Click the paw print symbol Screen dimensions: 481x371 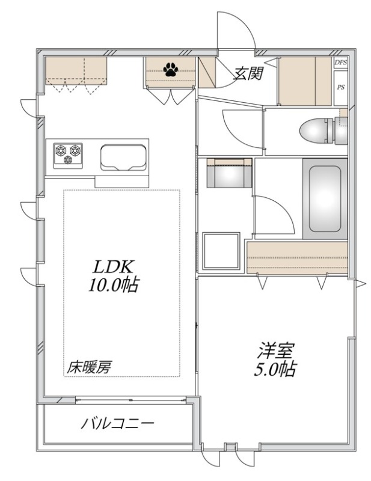(171, 70)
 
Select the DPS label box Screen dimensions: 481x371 (340, 63)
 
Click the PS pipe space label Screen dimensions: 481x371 (340, 87)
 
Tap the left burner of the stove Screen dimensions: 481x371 (61, 150)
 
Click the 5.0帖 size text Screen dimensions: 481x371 (274, 369)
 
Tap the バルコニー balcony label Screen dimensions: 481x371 (117, 423)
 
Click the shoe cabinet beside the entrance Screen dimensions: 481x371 (298, 81)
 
